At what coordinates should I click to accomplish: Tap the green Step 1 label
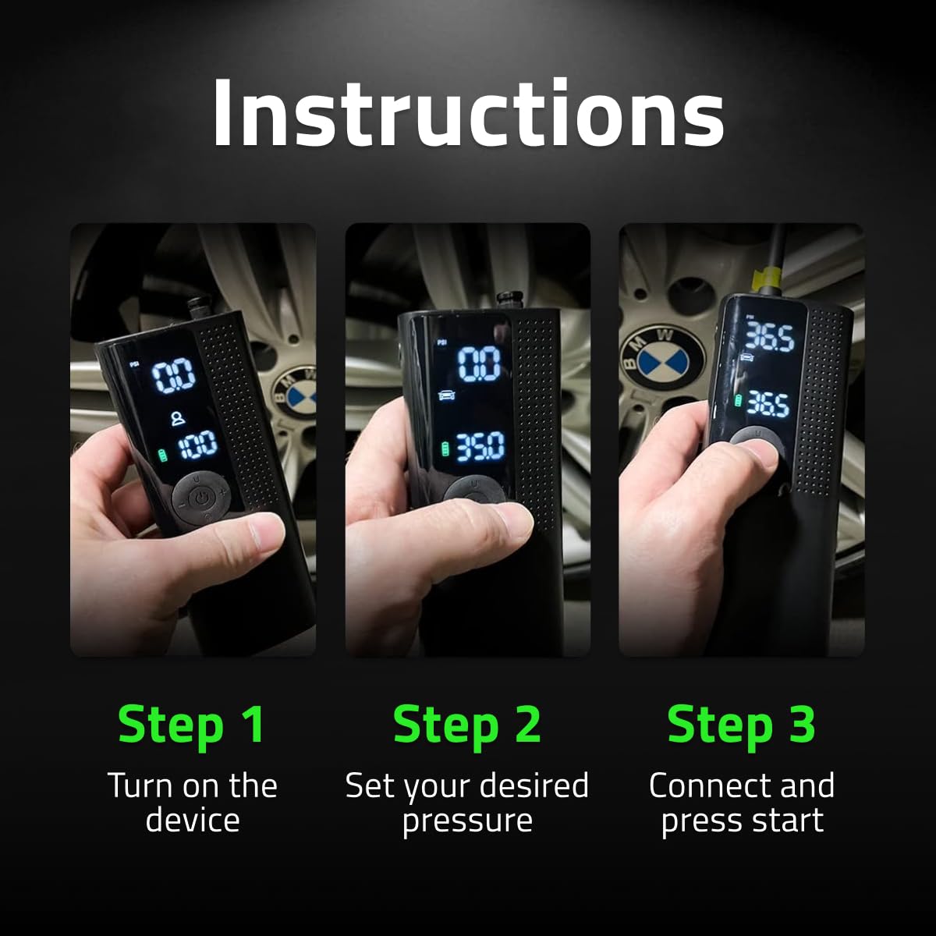point(192,724)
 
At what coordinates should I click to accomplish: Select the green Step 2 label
point(467,724)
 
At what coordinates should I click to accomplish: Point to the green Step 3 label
point(741,724)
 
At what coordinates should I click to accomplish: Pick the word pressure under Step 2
point(467,821)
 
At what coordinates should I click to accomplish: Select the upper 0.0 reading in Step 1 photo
point(173,377)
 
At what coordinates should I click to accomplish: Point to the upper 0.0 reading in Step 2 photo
point(478,364)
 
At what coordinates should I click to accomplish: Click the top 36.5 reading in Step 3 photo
point(768,338)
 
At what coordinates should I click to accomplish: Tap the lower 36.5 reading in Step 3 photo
point(768,403)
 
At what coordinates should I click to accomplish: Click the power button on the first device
point(202,497)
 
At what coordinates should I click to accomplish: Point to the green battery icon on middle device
point(445,449)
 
